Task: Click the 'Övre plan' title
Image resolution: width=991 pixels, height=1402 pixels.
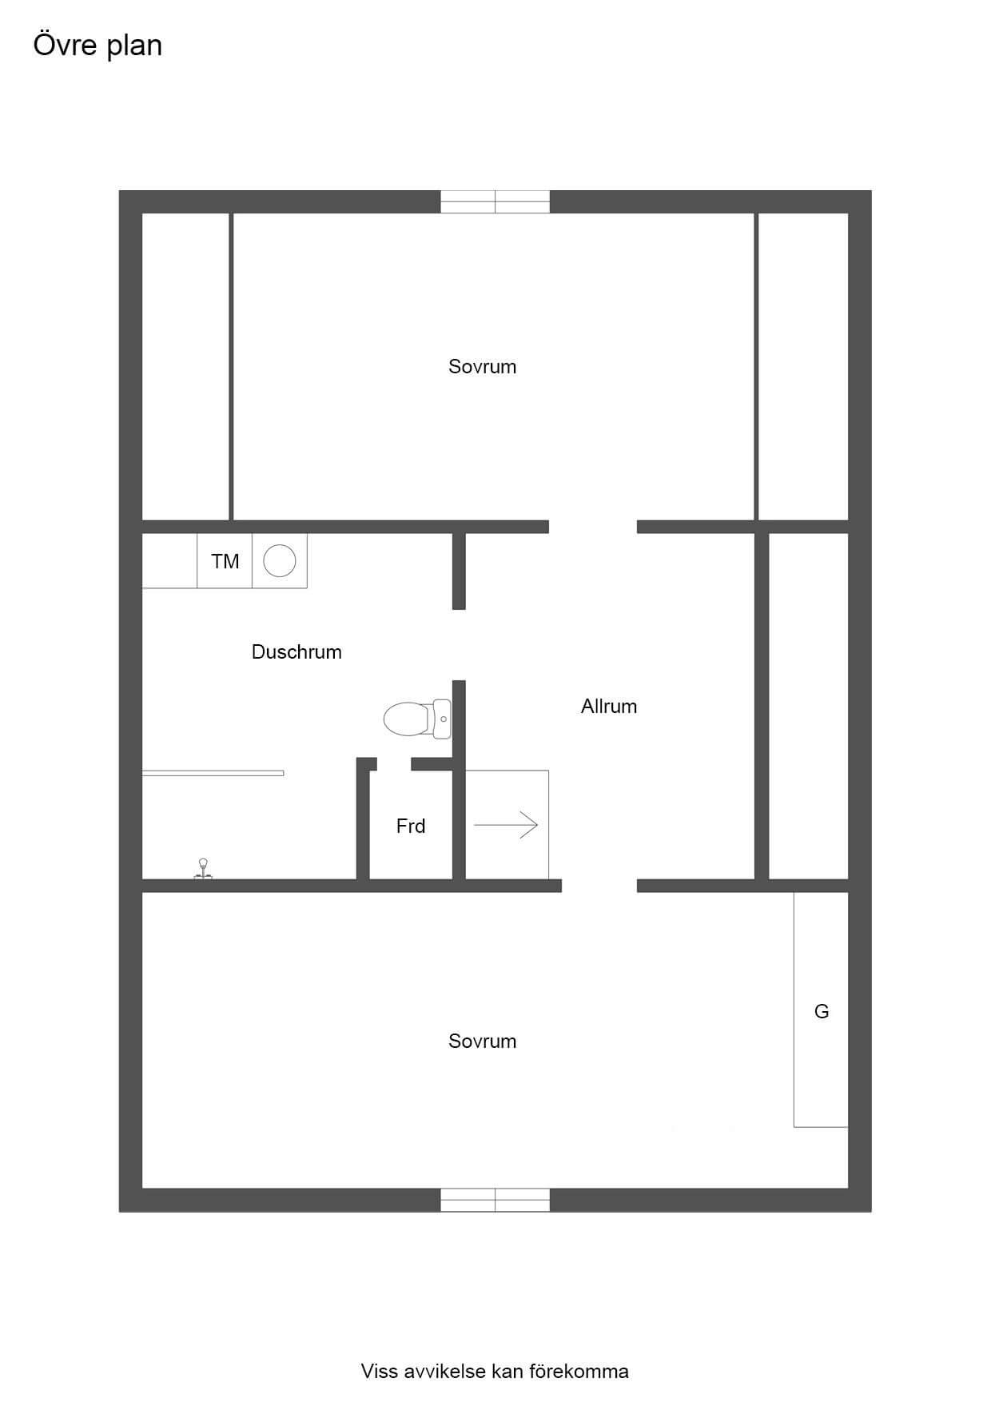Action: coord(98,46)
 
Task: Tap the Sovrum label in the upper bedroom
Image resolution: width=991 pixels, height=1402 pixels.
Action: coord(482,367)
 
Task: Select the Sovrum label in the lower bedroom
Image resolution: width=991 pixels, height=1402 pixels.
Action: coord(482,1042)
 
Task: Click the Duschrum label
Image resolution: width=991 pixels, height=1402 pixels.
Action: coord(297,652)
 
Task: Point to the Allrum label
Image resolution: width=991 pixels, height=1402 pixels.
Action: coord(609,707)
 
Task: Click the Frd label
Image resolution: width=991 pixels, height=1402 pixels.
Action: coord(411,826)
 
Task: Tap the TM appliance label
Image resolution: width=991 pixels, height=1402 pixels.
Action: coord(225,562)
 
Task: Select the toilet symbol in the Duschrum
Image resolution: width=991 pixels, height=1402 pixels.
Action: coord(417,719)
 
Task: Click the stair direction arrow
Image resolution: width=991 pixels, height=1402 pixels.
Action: coord(506,825)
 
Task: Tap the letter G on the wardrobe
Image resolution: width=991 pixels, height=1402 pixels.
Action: coord(822,1012)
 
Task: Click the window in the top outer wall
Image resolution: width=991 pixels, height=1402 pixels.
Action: coord(495,201)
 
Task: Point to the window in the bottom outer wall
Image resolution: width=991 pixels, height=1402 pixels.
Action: coord(495,1200)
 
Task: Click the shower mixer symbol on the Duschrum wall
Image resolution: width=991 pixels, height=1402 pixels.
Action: coord(203,870)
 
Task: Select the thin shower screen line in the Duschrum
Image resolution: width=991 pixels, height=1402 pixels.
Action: coord(213,773)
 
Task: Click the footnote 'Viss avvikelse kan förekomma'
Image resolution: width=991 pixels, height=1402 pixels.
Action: coord(495,1372)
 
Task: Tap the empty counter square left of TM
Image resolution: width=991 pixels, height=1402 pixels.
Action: coord(169,561)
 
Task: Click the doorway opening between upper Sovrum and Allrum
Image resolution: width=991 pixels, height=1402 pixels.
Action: coord(593,527)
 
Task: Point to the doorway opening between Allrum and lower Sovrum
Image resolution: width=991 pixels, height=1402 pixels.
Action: coord(599,886)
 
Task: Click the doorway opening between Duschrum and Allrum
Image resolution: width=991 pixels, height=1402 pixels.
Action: coord(459,645)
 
